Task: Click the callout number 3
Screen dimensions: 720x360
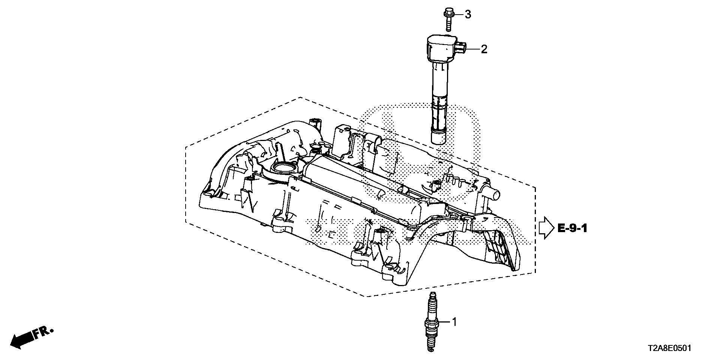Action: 468,15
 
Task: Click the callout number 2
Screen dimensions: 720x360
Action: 484,49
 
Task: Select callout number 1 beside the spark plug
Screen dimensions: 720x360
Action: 454,322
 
